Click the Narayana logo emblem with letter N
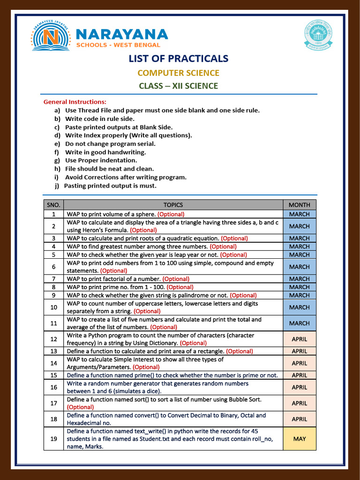pyautogui.click(x=51, y=36)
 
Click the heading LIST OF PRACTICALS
pyautogui.click(x=179, y=59)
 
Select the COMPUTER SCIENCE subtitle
pyautogui.click(x=178, y=73)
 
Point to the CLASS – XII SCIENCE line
pyautogui.click(x=178, y=86)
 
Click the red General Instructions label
pyautogui.click(x=75, y=102)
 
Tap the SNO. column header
pyautogui.click(x=53, y=205)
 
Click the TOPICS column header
pyautogui.click(x=173, y=205)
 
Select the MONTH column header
pyautogui.click(x=299, y=205)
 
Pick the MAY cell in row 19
pyautogui.click(x=299, y=439)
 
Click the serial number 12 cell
pyautogui.click(x=53, y=339)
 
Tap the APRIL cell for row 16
pyautogui.click(x=299, y=387)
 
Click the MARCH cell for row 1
pyautogui.click(x=299, y=214)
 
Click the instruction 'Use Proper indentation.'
pyautogui.click(x=101, y=160)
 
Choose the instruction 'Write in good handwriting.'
pyautogui.click(x=105, y=152)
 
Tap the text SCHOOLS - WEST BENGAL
pyautogui.click(x=118, y=45)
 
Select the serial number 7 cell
pyautogui.click(x=53, y=279)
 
